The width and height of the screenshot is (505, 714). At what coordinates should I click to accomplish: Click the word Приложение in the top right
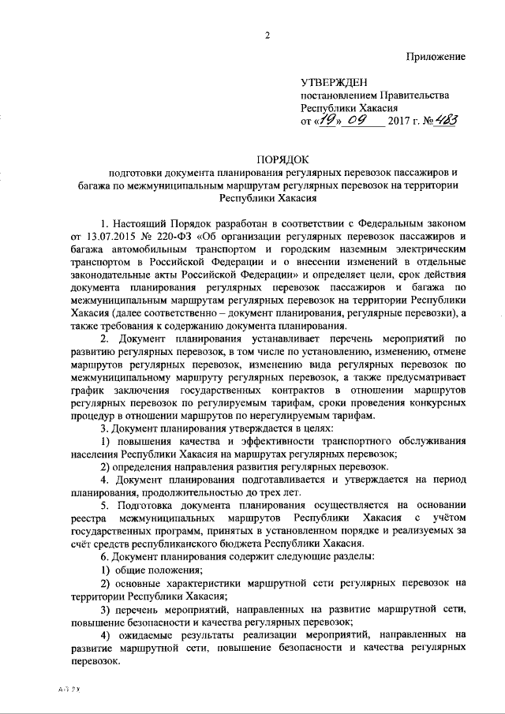pyautogui.click(x=436, y=56)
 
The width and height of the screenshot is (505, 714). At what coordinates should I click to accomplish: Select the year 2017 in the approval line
pyautogui.click(x=403, y=122)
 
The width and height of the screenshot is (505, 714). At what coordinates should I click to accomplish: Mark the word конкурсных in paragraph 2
pyautogui.click(x=436, y=402)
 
